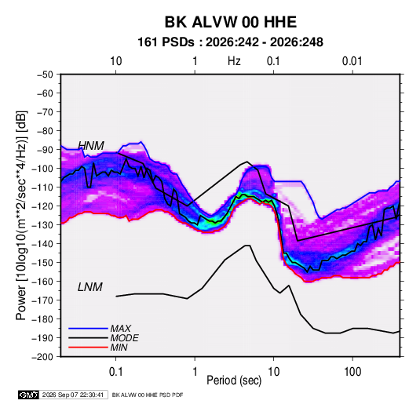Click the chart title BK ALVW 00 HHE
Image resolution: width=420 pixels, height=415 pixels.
(230, 22)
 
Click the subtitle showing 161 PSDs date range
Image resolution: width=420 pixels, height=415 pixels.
(230, 42)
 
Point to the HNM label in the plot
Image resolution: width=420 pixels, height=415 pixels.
(91, 146)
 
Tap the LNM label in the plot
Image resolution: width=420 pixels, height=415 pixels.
(90, 287)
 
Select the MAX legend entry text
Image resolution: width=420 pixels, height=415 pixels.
(121, 329)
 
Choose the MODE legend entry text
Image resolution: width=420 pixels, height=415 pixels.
(124, 338)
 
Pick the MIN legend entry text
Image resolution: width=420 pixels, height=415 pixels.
(119, 348)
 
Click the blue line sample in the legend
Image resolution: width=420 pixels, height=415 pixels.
(88, 329)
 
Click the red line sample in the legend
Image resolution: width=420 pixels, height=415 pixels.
(88, 348)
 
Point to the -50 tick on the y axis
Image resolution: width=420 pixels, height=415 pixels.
(45, 75)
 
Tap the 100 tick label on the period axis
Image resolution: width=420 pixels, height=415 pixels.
(352, 372)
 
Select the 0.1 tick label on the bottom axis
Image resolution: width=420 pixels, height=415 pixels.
(115, 372)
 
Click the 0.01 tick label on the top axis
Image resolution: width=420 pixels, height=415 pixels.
(352, 61)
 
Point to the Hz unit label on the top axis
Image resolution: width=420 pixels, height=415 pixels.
(234, 61)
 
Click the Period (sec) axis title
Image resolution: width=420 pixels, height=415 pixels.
(234, 380)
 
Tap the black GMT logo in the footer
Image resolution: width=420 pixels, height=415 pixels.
(29, 395)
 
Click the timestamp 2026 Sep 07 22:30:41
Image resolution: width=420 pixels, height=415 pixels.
(73, 395)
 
